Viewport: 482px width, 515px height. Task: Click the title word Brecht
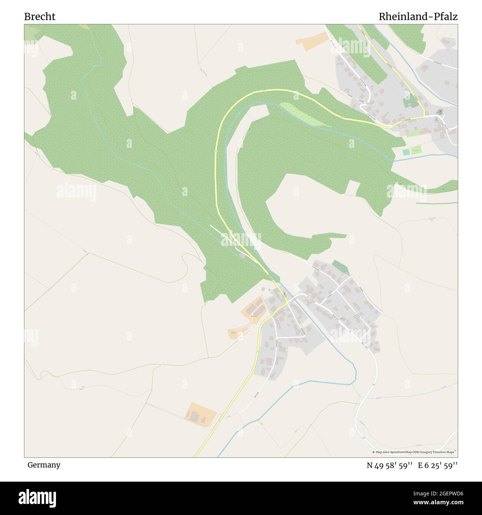40,17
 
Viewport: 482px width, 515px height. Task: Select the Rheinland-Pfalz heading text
418,17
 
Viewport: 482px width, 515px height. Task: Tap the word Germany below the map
44,465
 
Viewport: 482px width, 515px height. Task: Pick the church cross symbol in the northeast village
440,111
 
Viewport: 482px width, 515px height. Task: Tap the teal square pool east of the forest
407,152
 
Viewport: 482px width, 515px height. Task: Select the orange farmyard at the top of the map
312,41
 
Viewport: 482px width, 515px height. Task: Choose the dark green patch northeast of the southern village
340,267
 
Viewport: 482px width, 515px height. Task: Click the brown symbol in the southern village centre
284,295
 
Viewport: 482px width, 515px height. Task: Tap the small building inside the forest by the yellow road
242,256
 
